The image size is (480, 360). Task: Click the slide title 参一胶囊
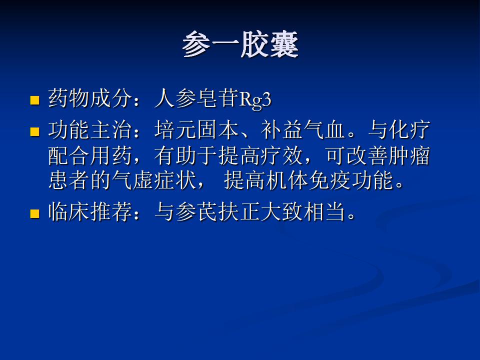tap(240, 44)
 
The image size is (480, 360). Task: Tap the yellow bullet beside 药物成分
tap(35, 100)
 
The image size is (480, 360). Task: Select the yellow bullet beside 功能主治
tap(35, 131)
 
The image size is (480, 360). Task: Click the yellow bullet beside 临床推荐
tap(35, 213)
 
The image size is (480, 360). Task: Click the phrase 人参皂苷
tap(196, 98)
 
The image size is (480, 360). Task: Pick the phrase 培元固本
tap(196, 130)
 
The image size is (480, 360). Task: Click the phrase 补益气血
tap(303, 130)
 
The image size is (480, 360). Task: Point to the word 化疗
tap(409, 130)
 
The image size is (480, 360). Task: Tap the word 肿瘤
tap(409, 156)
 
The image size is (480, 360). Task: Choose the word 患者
tap(69, 180)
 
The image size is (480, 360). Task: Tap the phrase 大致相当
tap(303, 212)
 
